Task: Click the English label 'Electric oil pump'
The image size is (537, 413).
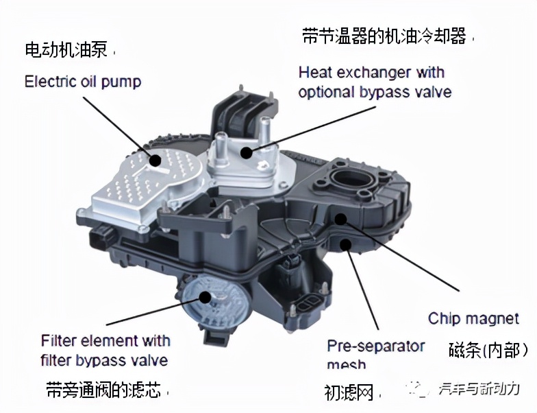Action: click(x=83, y=82)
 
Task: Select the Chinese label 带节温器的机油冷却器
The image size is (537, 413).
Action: click(x=384, y=36)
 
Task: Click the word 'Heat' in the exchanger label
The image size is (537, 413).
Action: click(x=316, y=72)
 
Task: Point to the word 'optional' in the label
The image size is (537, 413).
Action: click(x=327, y=92)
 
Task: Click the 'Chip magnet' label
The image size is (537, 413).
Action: click(x=473, y=318)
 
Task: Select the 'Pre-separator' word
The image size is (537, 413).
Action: click(x=375, y=345)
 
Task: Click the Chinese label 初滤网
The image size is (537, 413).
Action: click(x=349, y=392)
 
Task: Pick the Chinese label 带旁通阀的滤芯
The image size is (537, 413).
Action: click(x=103, y=390)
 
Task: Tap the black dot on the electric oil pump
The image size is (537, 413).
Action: click(x=155, y=161)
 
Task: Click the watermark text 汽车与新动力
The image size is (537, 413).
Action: click(x=479, y=390)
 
